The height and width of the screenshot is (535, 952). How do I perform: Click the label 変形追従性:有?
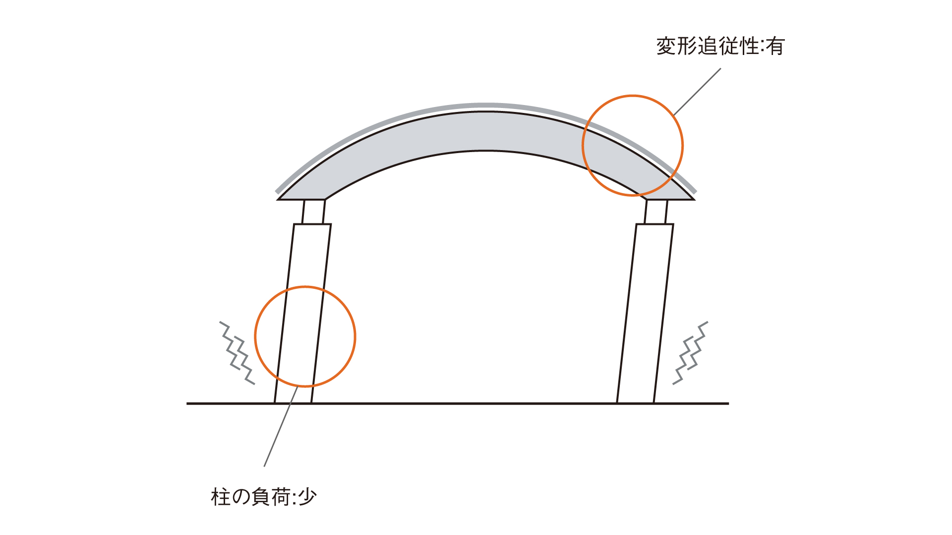click(720, 46)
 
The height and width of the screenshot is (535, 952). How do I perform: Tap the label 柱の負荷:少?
click(264, 496)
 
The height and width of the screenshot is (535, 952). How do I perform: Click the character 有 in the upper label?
click(775, 46)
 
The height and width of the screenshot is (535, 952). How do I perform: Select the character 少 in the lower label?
click(307, 496)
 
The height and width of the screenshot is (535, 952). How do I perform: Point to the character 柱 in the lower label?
click(221, 496)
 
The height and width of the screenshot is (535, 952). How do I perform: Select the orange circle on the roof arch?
click(683, 146)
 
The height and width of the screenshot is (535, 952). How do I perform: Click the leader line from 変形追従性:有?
click(697, 92)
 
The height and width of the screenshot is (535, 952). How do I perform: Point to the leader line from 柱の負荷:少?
click(281, 427)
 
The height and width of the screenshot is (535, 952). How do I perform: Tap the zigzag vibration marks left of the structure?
click(238, 353)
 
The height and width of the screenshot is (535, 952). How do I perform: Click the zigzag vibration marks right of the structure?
click(690, 353)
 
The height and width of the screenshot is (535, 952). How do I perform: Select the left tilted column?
click(302, 314)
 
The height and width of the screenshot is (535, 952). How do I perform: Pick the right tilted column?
click(645, 314)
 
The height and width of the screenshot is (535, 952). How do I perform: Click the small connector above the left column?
click(314, 212)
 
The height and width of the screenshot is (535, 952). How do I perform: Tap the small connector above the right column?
click(656, 212)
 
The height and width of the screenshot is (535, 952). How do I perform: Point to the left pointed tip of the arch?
click(278, 199)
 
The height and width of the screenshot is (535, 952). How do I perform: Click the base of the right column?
click(635, 402)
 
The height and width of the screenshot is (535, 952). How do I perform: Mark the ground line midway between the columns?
click(464, 404)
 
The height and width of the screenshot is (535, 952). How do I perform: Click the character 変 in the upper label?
click(666, 46)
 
